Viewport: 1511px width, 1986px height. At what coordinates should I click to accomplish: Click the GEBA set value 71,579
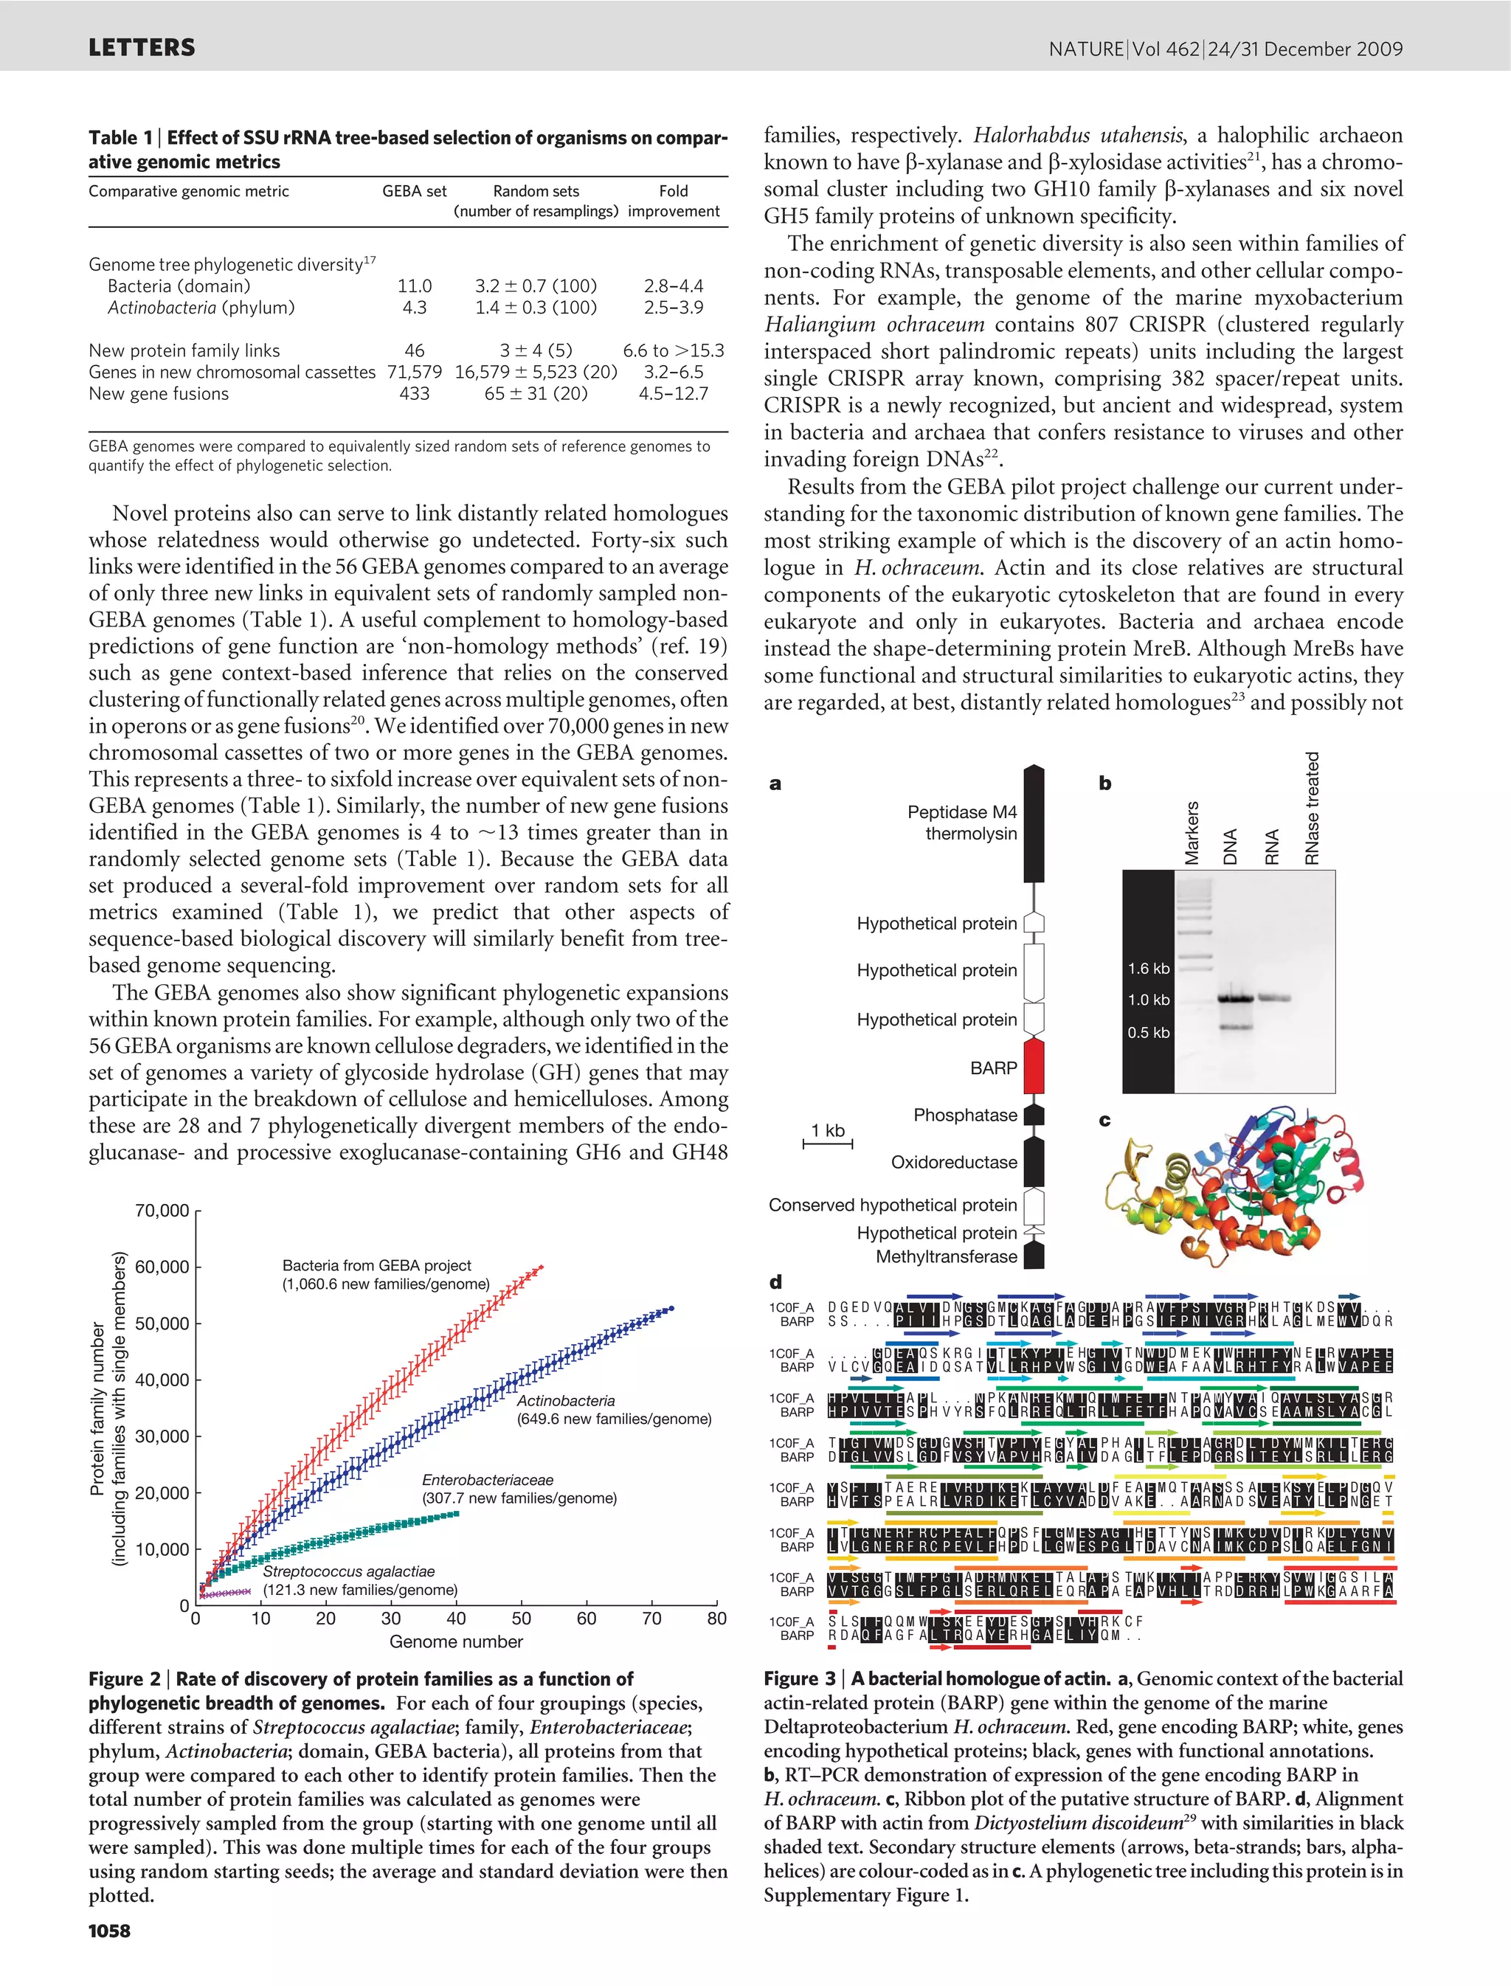pyautogui.click(x=415, y=373)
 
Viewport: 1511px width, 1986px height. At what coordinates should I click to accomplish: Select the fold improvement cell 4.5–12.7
pyautogui.click(x=673, y=394)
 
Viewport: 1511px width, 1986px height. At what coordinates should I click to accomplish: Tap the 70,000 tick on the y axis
pyautogui.click(x=162, y=1211)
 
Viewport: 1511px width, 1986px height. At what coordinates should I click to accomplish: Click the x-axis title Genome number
pyautogui.click(x=456, y=1641)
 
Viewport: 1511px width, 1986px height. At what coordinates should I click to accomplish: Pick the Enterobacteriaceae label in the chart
pyautogui.click(x=488, y=1480)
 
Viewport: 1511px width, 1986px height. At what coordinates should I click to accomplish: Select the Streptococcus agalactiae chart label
pyautogui.click(x=349, y=1571)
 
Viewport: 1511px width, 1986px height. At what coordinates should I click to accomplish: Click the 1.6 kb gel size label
pyautogui.click(x=1149, y=969)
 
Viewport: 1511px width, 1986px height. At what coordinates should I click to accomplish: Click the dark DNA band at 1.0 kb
pyautogui.click(x=1235, y=998)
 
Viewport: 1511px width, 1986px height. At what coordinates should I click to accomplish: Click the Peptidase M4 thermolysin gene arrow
pyautogui.click(x=1034, y=823)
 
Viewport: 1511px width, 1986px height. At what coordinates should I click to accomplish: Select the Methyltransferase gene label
pyautogui.click(x=946, y=1256)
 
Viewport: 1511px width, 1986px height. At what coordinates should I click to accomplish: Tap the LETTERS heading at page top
pyautogui.click(x=141, y=48)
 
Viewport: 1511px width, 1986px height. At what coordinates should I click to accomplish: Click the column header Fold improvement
pyautogui.click(x=673, y=201)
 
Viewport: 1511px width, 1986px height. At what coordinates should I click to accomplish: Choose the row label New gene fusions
pyautogui.click(x=159, y=394)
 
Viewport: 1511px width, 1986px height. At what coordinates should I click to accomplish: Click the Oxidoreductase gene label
pyautogui.click(x=953, y=1162)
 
